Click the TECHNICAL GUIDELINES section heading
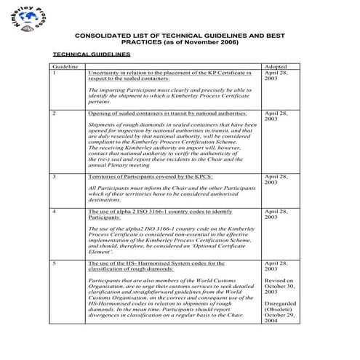(x=92, y=55)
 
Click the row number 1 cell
(x=55, y=73)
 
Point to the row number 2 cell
(x=55, y=114)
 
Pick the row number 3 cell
(x=55, y=177)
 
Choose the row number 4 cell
(x=55, y=211)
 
